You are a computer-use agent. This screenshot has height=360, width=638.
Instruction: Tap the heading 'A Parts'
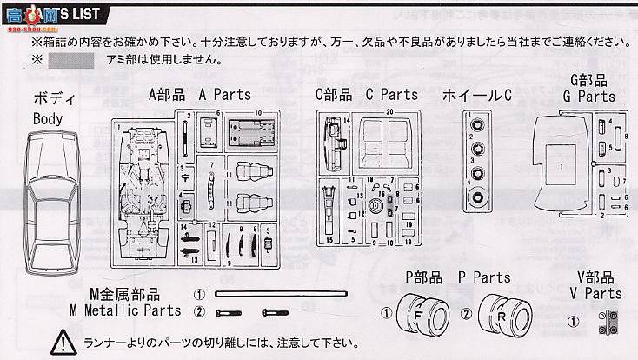click(x=224, y=95)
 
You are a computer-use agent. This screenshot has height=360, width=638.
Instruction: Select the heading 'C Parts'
click(x=391, y=95)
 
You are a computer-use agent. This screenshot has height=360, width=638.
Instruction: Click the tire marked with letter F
click(x=416, y=311)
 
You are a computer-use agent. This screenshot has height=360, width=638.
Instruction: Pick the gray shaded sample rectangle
click(x=70, y=61)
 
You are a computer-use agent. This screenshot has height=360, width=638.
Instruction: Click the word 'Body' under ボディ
click(x=47, y=118)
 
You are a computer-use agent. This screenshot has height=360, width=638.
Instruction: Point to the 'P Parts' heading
click(x=484, y=278)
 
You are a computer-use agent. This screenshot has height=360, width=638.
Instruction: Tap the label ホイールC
click(x=476, y=95)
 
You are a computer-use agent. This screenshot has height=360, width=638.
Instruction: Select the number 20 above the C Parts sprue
click(x=390, y=112)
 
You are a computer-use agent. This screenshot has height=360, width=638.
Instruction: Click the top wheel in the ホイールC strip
click(x=476, y=127)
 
